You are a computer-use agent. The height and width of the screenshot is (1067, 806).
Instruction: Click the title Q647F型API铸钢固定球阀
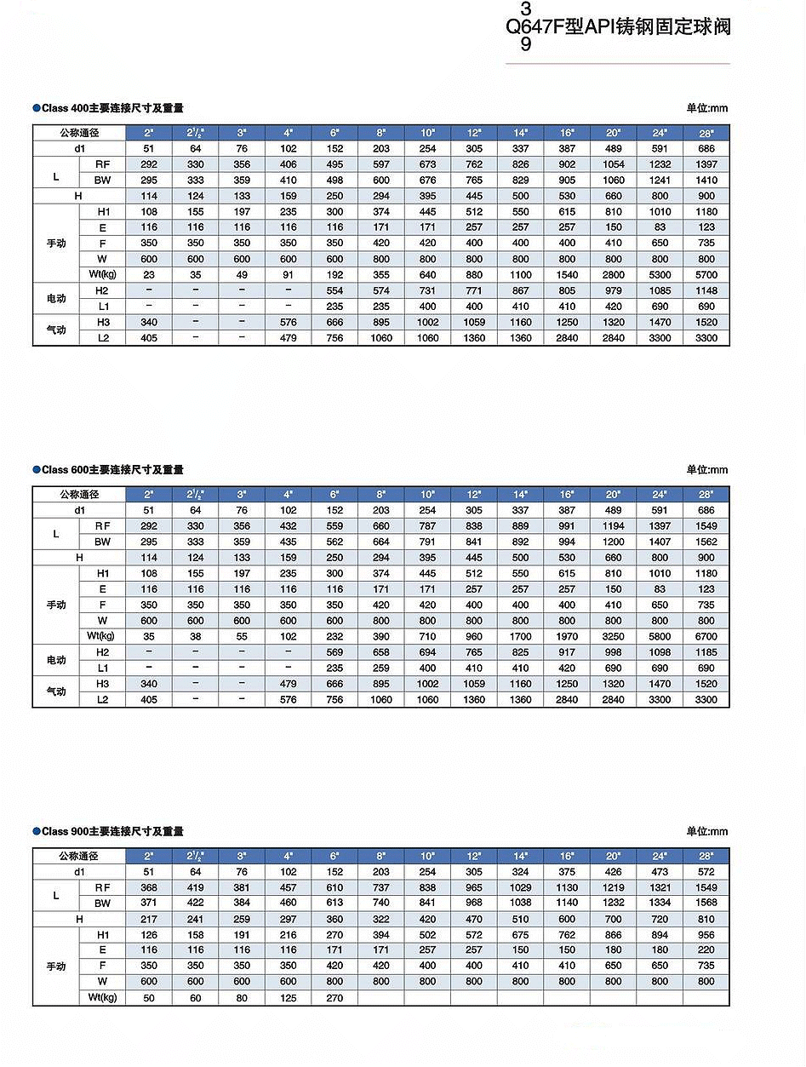pyautogui.click(x=618, y=26)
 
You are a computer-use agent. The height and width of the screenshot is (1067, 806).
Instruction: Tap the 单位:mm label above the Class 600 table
pyautogui.click(x=707, y=470)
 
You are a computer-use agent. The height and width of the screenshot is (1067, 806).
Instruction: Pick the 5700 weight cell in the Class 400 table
pyautogui.click(x=706, y=275)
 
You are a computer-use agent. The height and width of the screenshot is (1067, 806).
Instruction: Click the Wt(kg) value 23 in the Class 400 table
pyautogui.click(x=149, y=275)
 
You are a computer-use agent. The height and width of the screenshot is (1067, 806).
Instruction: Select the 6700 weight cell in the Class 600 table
pyautogui.click(x=706, y=636)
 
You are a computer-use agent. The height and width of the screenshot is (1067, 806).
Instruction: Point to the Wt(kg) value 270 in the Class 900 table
pyautogui.click(x=334, y=998)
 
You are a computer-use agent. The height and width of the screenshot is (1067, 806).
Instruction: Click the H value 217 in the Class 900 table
pyautogui.click(x=149, y=920)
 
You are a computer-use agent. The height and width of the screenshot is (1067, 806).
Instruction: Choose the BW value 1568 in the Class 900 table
pyautogui.click(x=706, y=904)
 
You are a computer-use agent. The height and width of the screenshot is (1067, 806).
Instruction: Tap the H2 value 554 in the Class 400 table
pyautogui.click(x=334, y=290)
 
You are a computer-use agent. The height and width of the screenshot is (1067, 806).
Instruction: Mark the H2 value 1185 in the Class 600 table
pyautogui.click(x=706, y=652)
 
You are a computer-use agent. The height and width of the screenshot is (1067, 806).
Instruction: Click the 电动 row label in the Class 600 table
pyautogui.click(x=56, y=660)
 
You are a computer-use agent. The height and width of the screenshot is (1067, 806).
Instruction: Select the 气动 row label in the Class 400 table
pyautogui.click(x=56, y=330)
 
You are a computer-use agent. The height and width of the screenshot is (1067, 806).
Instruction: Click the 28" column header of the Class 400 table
pyautogui.click(x=706, y=133)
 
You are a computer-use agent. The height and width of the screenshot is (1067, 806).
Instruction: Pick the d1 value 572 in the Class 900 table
pyautogui.click(x=706, y=872)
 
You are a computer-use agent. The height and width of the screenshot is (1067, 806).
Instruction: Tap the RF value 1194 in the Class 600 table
pyautogui.click(x=613, y=526)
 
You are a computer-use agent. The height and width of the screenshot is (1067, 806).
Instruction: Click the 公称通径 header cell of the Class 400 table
pyautogui.click(x=79, y=133)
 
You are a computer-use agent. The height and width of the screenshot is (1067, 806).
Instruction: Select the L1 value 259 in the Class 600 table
pyautogui.click(x=381, y=668)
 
